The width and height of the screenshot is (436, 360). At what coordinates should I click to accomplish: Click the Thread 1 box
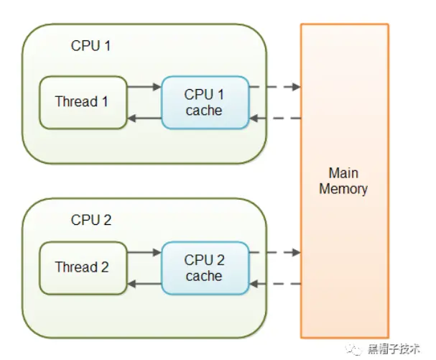(83, 102)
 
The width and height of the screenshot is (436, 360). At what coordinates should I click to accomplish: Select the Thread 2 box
(83, 268)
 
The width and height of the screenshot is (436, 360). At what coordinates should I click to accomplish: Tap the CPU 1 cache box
(205, 102)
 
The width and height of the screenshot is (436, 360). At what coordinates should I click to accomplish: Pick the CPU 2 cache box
(205, 268)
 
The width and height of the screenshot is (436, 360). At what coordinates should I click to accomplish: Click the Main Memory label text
(343, 181)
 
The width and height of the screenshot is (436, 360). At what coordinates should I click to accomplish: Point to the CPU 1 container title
(91, 45)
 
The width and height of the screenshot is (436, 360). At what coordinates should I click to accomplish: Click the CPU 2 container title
(91, 220)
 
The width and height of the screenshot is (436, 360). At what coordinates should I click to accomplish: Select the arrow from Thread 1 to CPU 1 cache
(144, 86)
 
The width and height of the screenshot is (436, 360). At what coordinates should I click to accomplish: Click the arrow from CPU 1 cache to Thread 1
(144, 119)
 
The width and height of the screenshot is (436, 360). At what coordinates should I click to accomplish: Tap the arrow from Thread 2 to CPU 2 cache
(144, 252)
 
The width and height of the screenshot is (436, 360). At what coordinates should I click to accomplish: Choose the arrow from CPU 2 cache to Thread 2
(144, 284)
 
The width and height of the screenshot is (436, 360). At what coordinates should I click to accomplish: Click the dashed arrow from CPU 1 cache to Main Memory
(275, 86)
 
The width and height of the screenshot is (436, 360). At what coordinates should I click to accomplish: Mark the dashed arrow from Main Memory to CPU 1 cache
(275, 119)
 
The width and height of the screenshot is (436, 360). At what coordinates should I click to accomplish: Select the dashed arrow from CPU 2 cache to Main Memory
(275, 252)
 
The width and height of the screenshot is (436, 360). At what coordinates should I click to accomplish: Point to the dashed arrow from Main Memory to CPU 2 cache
(275, 284)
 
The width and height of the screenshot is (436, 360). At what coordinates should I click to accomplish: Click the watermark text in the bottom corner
(394, 349)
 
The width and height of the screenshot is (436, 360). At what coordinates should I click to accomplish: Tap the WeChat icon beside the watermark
(353, 349)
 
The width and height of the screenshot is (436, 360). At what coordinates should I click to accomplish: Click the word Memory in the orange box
(343, 189)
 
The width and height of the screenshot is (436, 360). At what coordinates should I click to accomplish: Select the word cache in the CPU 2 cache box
(204, 276)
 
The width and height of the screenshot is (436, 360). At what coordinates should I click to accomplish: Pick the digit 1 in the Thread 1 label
(105, 101)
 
